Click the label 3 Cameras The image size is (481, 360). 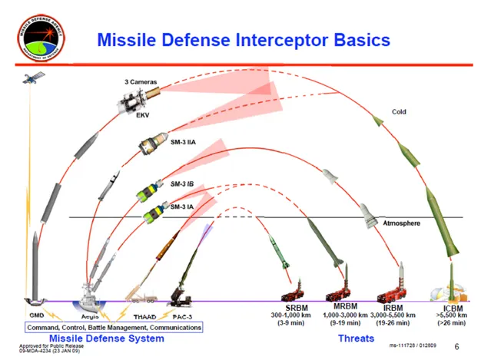click(x=138, y=82)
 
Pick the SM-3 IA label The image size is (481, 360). click(x=182, y=206)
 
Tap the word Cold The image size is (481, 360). click(x=399, y=111)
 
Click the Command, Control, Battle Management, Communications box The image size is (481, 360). click(x=114, y=327)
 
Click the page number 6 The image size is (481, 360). click(x=456, y=346)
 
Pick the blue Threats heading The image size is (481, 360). click(x=356, y=338)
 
